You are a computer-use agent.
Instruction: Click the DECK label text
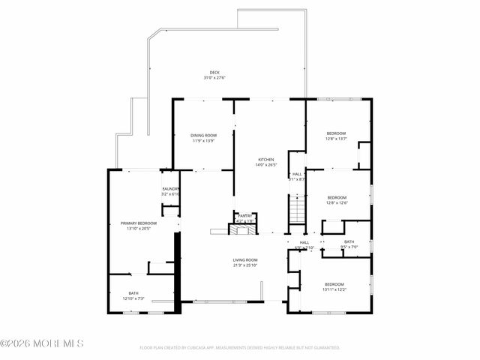click(x=214, y=73)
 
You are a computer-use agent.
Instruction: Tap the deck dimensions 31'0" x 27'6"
click(x=214, y=78)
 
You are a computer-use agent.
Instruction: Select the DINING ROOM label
click(x=204, y=135)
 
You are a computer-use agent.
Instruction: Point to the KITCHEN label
click(x=266, y=159)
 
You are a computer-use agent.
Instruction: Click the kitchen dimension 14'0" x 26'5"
click(x=266, y=164)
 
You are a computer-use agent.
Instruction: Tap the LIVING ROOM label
click(x=244, y=259)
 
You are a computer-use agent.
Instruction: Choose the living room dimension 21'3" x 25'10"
click(x=244, y=265)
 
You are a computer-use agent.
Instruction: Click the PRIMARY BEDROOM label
click(x=139, y=223)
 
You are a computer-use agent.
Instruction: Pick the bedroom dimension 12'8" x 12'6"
click(x=337, y=202)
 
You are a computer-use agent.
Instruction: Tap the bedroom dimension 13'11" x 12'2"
click(x=334, y=289)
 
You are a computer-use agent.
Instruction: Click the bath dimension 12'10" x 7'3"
click(x=133, y=298)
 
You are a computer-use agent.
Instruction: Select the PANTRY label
click(x=245, y=216)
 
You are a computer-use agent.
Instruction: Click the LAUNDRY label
click(x=171, y=189)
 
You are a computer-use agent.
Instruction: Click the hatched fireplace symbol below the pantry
click(x=243, y=229)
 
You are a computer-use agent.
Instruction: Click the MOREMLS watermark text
click(x=43, y=343)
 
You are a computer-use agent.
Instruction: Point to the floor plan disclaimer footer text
click(x=240, y=348)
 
